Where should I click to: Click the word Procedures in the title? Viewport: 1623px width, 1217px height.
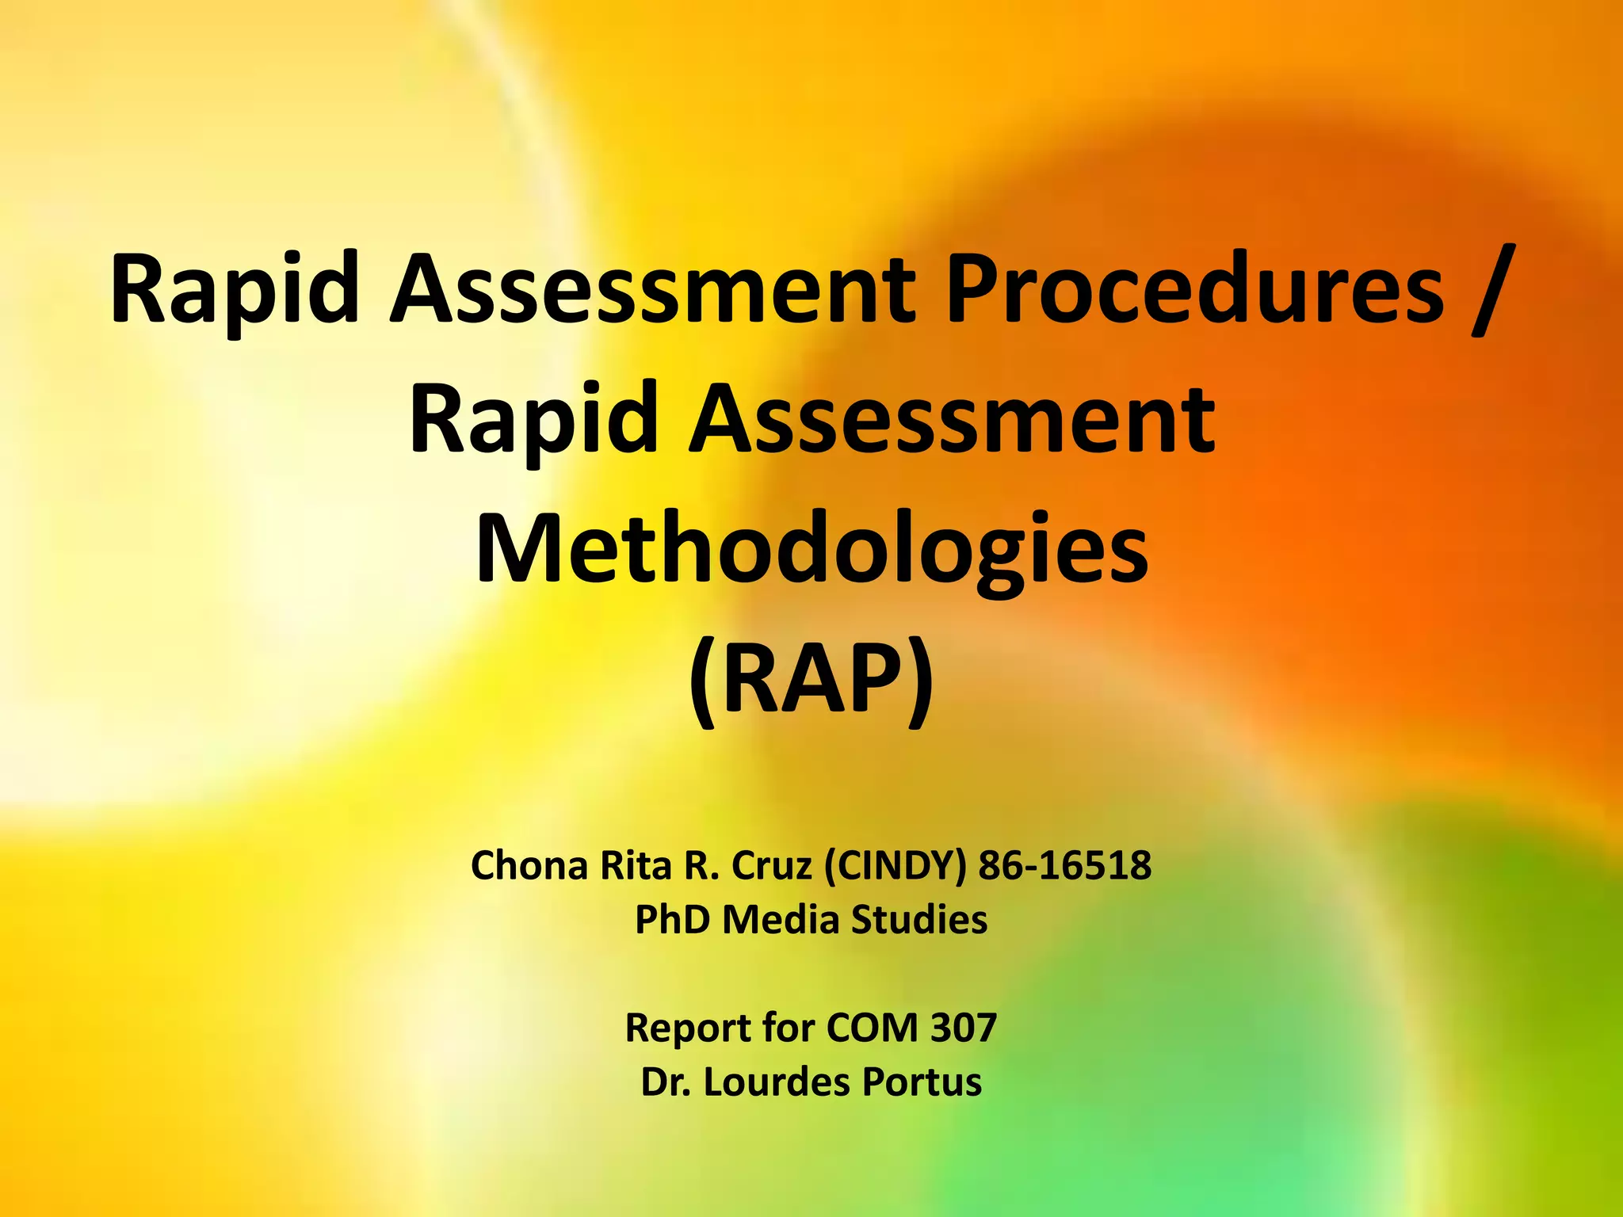[1196, 289]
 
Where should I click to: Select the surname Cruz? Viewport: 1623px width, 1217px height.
[772, 865]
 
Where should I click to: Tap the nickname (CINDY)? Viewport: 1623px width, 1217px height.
[896, 865]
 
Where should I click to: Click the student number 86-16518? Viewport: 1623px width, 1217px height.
[1064, 865]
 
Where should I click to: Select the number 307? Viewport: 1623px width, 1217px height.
[963, 1028]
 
